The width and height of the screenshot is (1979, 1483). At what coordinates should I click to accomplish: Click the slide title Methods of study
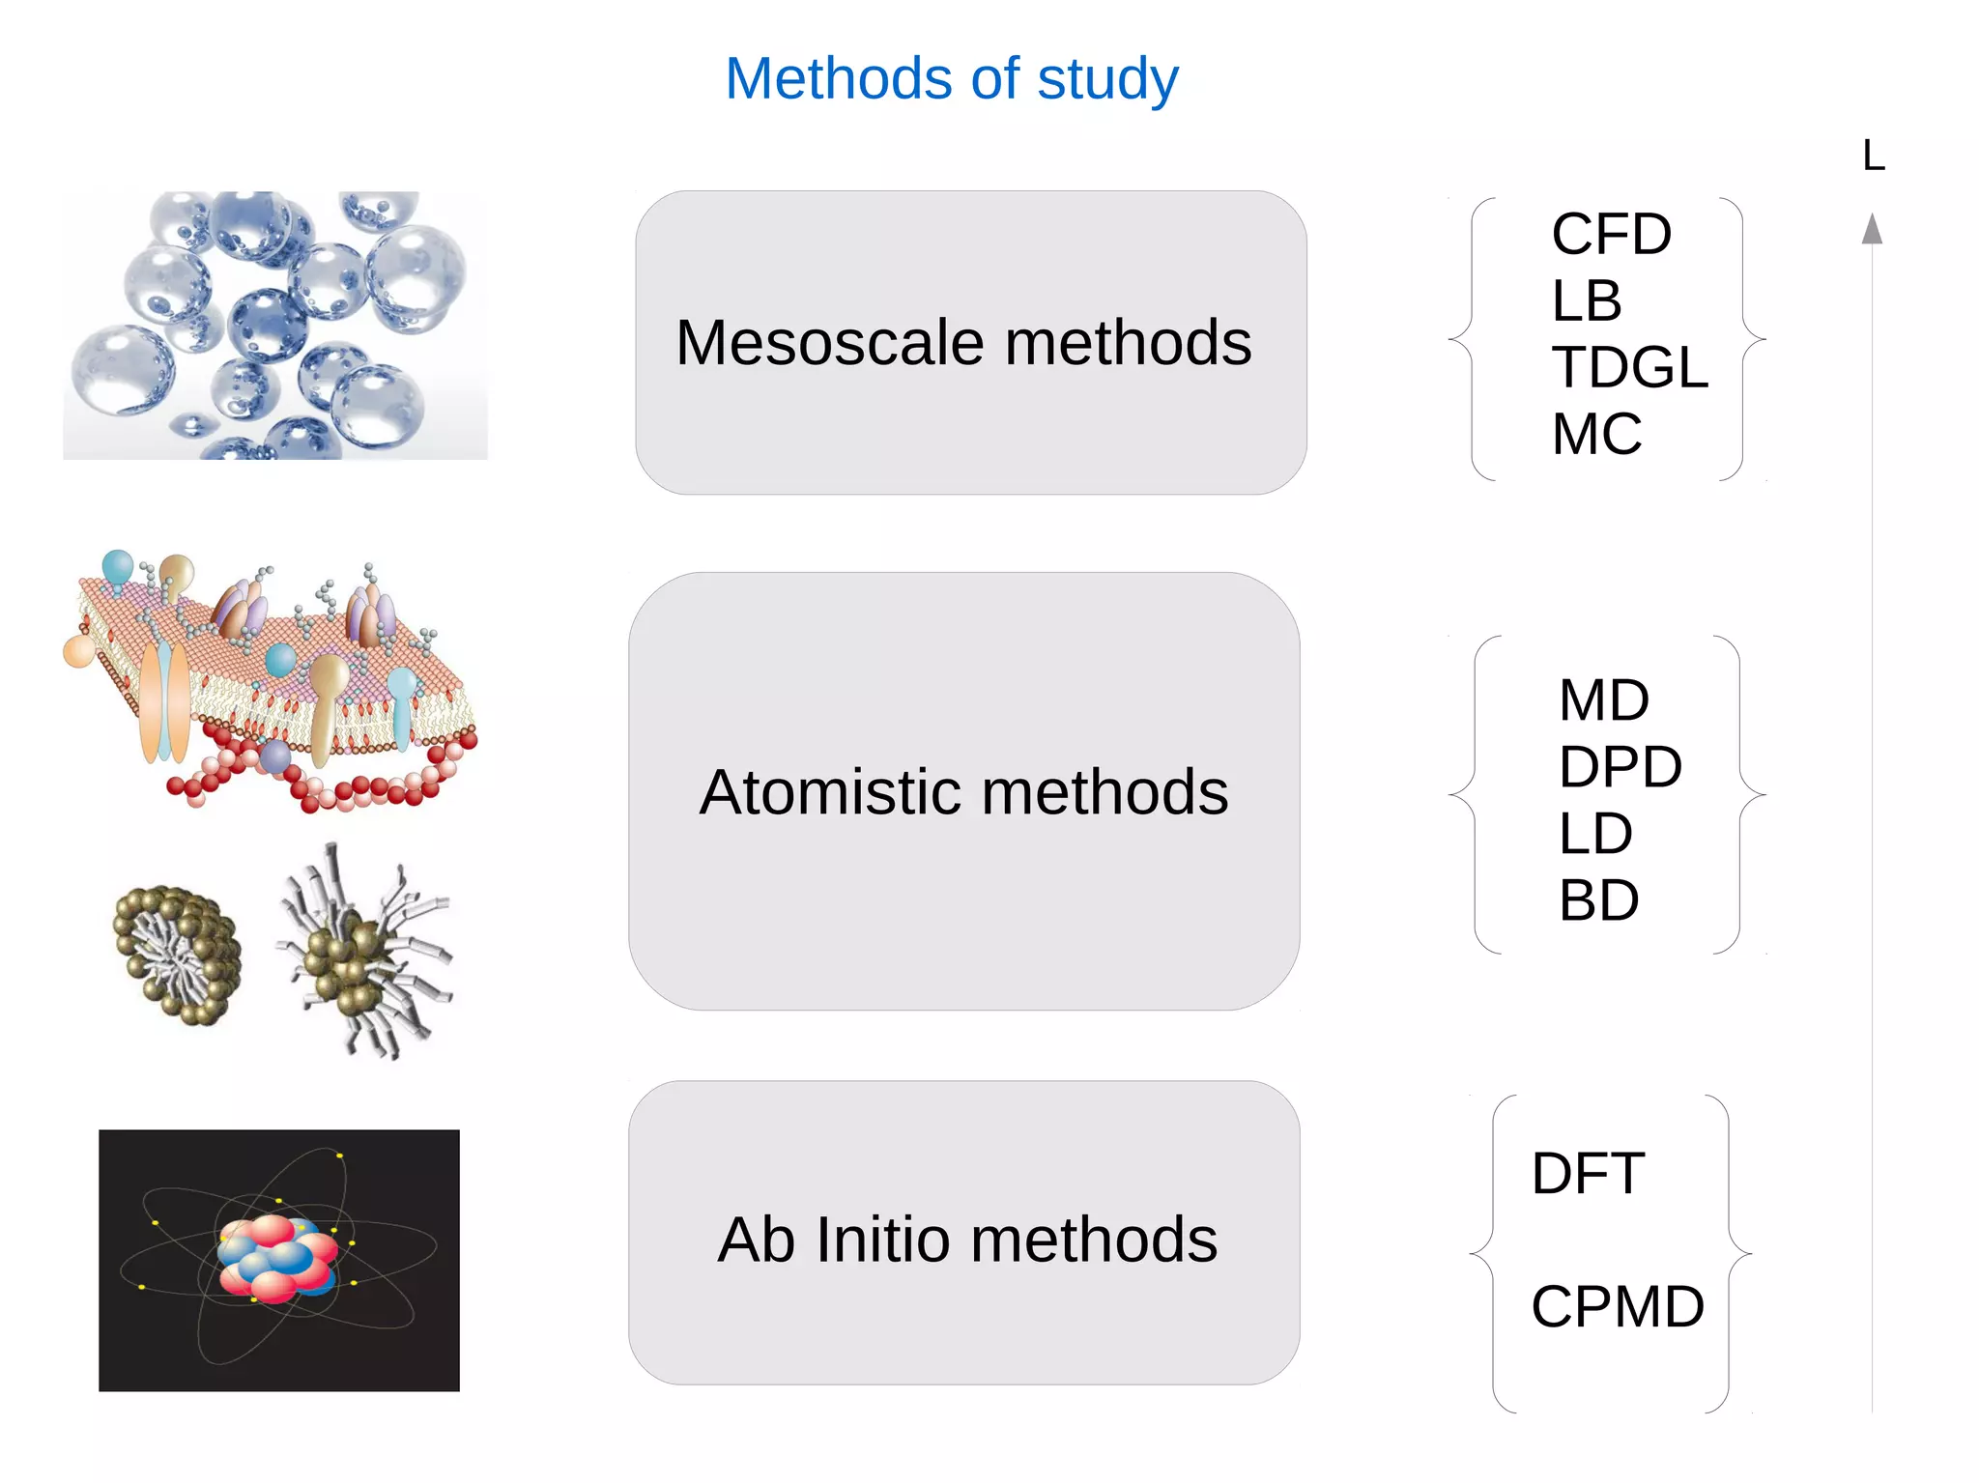tap(952, 78)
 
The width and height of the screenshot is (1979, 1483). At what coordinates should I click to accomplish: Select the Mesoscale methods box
tap(970, 343)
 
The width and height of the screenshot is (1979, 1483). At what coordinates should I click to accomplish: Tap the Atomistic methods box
tap(963, 791)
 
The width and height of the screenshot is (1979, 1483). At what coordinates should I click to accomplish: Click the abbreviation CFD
tap(1611, 235)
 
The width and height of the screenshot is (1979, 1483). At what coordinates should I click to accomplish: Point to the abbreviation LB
tap(1586, 300)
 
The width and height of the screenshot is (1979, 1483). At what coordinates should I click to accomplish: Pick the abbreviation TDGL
tap(1629, 367)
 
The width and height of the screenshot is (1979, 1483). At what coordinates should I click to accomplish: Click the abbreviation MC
tap(1596, 434)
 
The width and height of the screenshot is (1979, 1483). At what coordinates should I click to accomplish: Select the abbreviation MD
tap(1603, 700)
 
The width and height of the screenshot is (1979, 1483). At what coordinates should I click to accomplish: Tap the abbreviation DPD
tap(1620, 767)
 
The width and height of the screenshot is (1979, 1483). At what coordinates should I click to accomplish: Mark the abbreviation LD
tap(1595, 833)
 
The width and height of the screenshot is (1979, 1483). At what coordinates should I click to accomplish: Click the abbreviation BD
tap(1598, 900)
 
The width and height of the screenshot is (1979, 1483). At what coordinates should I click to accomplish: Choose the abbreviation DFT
tap(1588, 1174)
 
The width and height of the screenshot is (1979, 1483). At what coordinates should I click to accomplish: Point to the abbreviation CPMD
tap(1618, 1307)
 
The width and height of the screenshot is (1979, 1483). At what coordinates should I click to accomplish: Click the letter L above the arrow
tap(1873, 157)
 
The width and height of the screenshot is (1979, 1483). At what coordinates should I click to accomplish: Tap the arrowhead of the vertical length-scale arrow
tap(1873, 230)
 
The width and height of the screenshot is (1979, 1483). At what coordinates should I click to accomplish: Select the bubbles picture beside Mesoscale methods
tap(275, 325)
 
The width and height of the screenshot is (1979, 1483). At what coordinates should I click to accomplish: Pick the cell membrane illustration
tap(271, 681)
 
